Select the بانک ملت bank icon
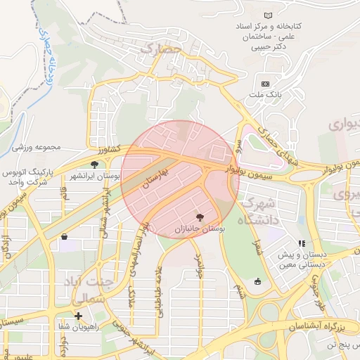coord(265,83)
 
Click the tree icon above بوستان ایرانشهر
coord(94,165)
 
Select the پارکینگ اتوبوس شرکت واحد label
coord(28,177)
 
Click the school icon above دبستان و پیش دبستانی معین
coord(302,244)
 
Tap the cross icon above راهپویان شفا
coord(78,316)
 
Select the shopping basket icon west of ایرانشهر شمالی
coord(65,237)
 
